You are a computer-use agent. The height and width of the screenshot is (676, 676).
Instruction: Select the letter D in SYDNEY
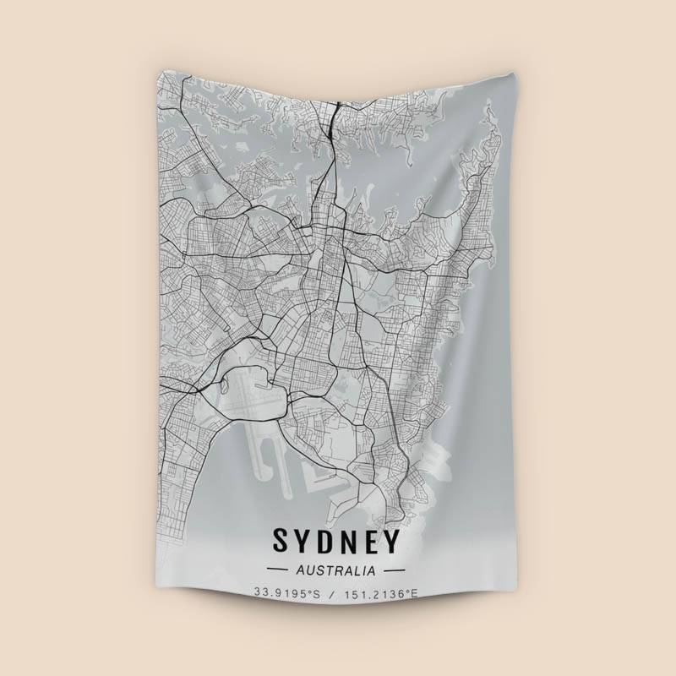click(324, 539)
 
